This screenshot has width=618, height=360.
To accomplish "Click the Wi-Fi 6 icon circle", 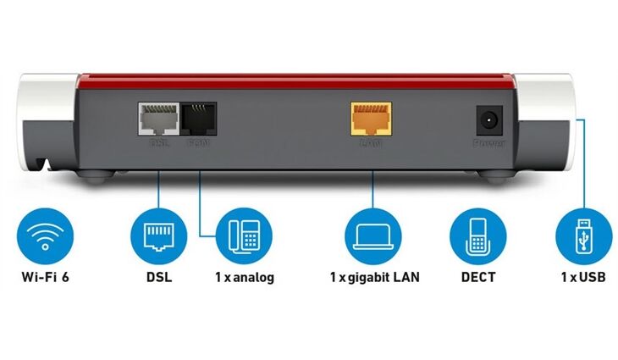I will (x=44, y=235).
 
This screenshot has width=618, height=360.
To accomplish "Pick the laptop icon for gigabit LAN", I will (x=372, y=235).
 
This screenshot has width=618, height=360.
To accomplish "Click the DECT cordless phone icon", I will (x=477, y=235).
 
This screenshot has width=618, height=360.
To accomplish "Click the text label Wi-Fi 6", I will (x=45, y=277).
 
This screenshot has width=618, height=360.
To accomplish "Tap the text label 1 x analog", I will (x=243, y=277).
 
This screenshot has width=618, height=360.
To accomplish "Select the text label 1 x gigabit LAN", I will (x=373, y=277).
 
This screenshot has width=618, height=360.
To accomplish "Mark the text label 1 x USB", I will (x=582, y=277).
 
